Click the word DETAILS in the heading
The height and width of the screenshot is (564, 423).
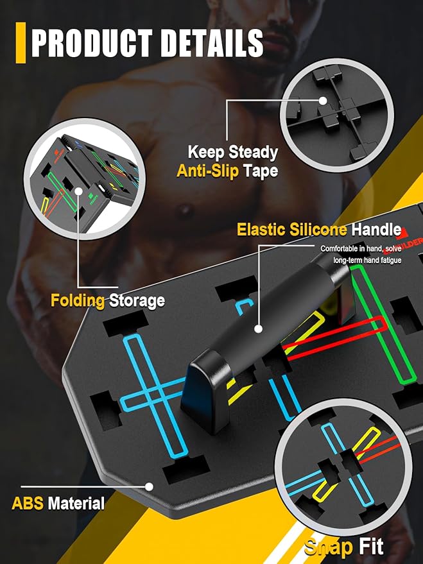(x=212, y=43)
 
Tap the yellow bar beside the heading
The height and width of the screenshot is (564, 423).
(x=21, y=43)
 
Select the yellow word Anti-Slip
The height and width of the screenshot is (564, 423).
(x=207, y=171)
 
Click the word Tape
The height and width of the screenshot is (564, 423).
(x=261, y=171)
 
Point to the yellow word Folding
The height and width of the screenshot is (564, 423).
(x=77, y=301)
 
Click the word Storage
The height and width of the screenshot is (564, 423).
(x=137, y=301)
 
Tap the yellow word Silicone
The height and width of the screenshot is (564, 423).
(x=318, y=230)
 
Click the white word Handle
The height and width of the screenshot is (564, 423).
(x=376, y=230)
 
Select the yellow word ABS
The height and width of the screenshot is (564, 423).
(x=28, y=503)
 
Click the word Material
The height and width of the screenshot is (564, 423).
(x=76, y=503)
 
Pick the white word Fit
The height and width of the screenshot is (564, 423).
(x=370, y=547)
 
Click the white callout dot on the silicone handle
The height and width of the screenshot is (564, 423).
(x=258, y=329)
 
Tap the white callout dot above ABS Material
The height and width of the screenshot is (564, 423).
(x=149, y=486)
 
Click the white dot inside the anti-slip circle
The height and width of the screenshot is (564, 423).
(x=323, y=101)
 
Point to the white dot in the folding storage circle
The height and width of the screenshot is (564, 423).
(x=78, y=191)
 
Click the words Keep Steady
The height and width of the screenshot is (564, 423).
(x=233, y=152)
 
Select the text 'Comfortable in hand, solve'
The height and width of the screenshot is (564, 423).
(x=361, y=248)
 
